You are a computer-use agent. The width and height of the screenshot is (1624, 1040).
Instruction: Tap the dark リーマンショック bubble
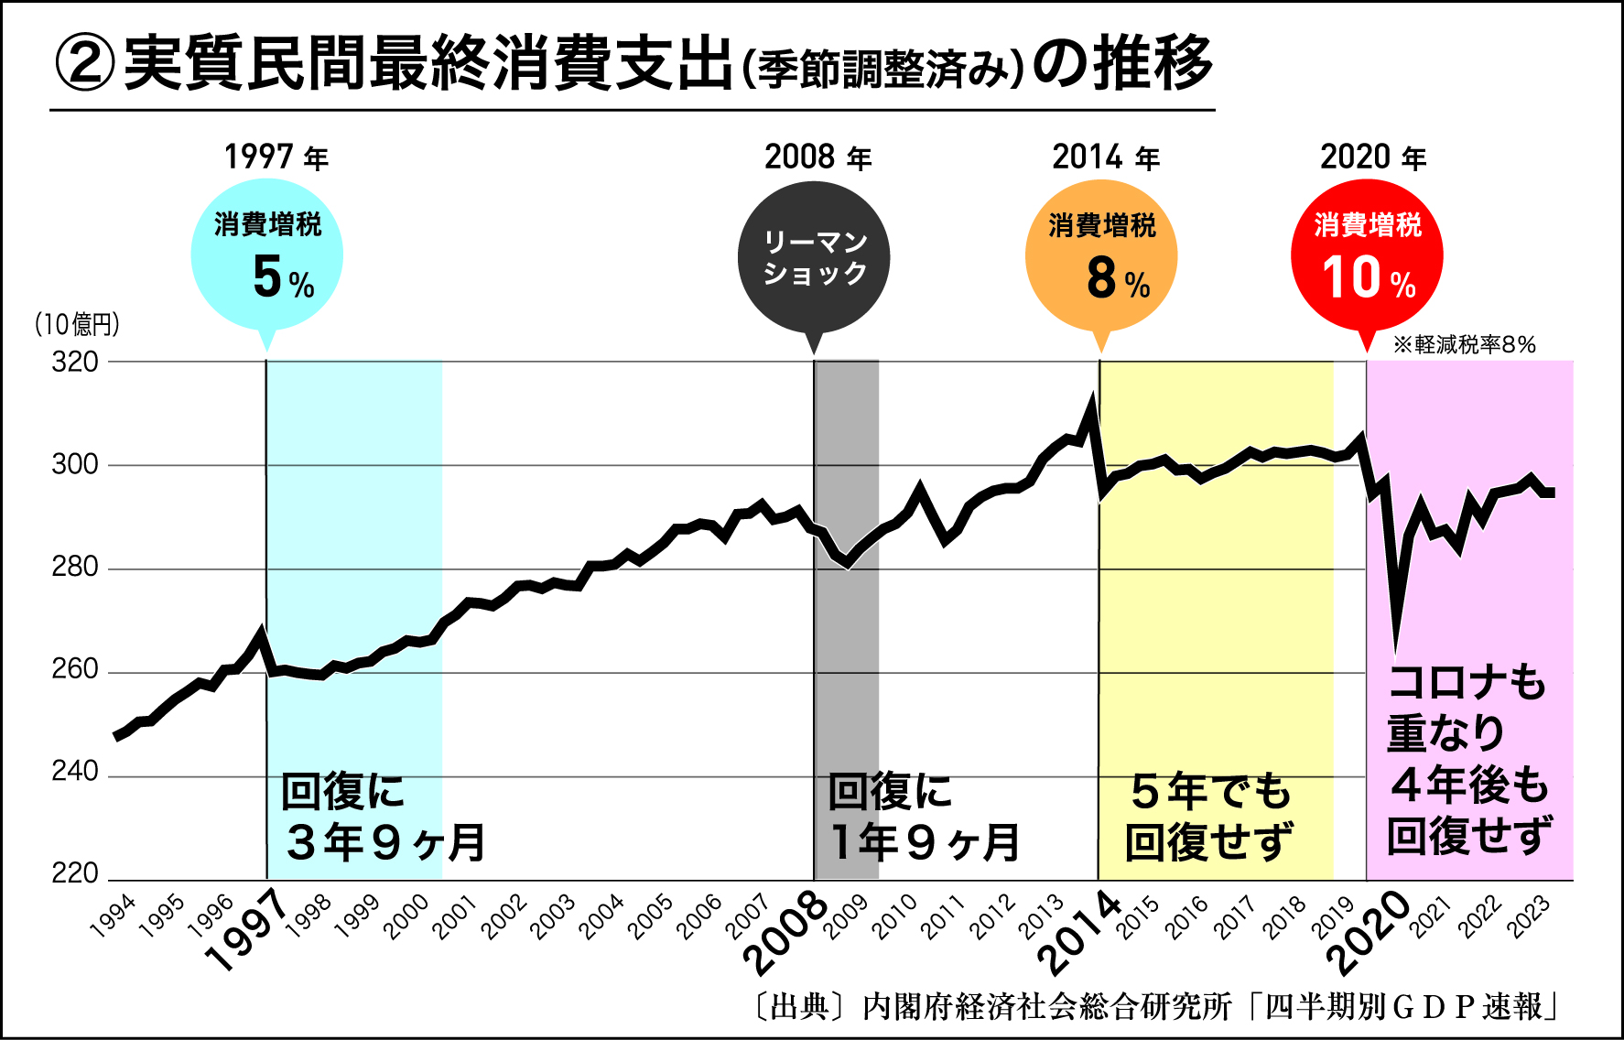(x=814, y=256)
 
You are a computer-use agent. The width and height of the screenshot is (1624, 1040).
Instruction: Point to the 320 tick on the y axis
(x=75, y=363)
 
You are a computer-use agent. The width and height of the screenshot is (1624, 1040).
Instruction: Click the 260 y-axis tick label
(x=75, y=670)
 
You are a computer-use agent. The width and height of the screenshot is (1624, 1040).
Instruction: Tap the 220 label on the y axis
(x=75, y=874)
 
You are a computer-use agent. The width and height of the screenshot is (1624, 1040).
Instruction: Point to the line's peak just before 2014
(x=1091, y=402)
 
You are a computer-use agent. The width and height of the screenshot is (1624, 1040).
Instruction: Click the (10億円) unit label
(x=77, y=324)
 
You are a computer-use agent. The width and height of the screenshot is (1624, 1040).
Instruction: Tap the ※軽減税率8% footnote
(x=1464, y=345)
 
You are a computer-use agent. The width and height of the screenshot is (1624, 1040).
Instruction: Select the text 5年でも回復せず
(x=1210, y=818)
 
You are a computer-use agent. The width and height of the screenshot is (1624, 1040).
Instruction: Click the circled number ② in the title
(x=85, y=64)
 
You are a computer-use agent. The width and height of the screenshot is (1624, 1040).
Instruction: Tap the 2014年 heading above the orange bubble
(x=1106, y=158)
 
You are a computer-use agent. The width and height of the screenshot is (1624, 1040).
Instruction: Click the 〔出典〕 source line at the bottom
(x=1155, y=1007)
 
